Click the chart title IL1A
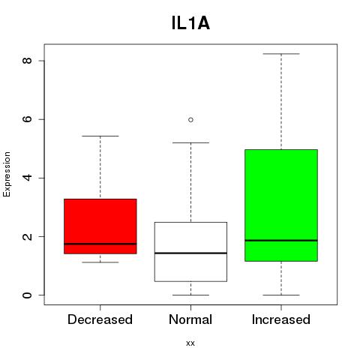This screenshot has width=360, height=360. (190, 23)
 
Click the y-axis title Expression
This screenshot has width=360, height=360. (7, 174)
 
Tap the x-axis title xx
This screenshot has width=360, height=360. (190, 343)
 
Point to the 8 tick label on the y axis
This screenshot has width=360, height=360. (27, 61)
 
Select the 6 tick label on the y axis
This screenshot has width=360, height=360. (27, 119)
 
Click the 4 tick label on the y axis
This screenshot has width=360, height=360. (27, 178)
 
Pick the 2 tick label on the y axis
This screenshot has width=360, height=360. (27, 236)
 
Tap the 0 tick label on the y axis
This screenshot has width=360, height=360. (27, 295)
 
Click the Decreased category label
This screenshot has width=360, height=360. (100, 319)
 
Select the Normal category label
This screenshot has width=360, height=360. (190, 319)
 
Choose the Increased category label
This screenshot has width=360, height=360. (281, 319)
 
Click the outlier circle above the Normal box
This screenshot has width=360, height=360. (190, 120)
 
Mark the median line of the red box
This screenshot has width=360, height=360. (100, 244)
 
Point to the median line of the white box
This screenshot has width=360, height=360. (190, 253)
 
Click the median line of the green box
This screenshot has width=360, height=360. (281, 241)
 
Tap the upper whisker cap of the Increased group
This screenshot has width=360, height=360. (281, 54)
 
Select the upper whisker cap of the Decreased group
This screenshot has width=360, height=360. (100, 136)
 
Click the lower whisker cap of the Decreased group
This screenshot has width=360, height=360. (100, 262)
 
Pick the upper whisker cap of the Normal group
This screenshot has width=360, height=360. (190, 142)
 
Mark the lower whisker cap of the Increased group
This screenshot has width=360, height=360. (281, 295)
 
